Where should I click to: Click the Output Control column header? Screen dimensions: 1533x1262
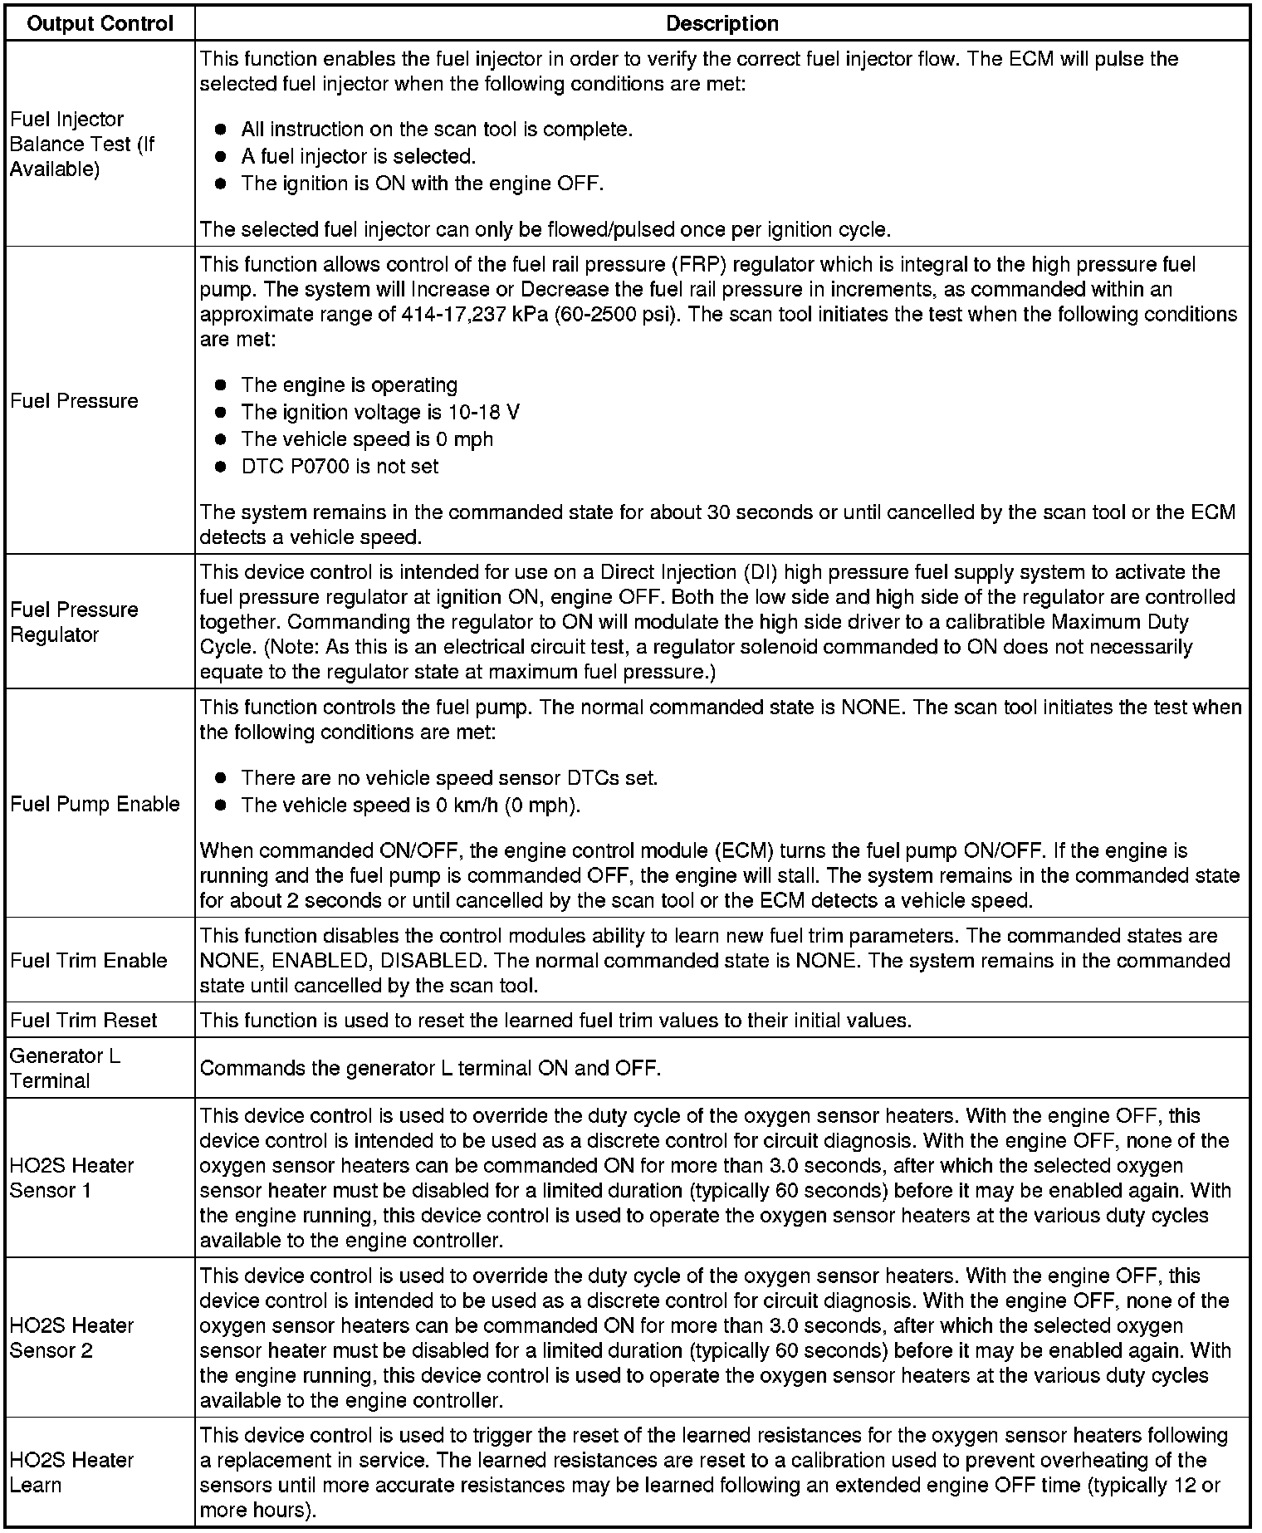[100, 23]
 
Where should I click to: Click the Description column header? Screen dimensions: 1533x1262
[721, 23]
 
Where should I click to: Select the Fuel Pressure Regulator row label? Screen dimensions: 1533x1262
[74, 621]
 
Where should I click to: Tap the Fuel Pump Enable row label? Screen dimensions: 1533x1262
[95, 803]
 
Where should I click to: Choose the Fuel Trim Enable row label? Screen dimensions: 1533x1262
[89, 960]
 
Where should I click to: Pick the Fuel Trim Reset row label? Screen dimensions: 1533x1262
[84, 1020]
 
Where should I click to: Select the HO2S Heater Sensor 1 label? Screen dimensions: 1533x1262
[71, 1178]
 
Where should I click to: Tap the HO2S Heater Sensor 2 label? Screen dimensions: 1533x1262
[71, 1338]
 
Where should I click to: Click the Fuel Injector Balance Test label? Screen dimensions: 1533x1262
[82, 144]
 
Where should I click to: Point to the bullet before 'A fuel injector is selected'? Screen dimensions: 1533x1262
[220, 156]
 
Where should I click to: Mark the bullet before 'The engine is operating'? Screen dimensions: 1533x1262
[220, 385]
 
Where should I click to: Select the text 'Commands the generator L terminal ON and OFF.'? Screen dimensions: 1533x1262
[430, 1068]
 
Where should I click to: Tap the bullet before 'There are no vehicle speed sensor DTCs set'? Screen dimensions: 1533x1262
[220, 778]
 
